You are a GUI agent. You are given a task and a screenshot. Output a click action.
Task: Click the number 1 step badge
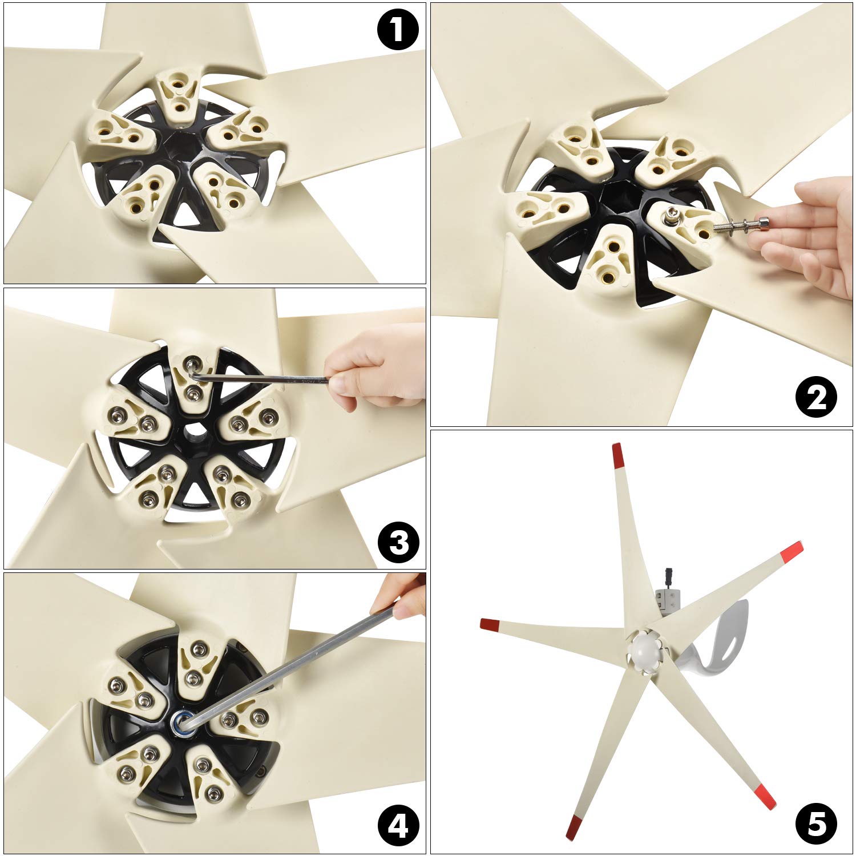point(398,29)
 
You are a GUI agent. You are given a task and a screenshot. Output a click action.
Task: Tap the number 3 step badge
point(398,542)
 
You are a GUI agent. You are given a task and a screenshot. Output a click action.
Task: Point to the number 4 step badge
point(398,826)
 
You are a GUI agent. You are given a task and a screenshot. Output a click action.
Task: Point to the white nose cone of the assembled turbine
point(645,651)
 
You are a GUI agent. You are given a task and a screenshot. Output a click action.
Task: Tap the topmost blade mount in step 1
point(177,96)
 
